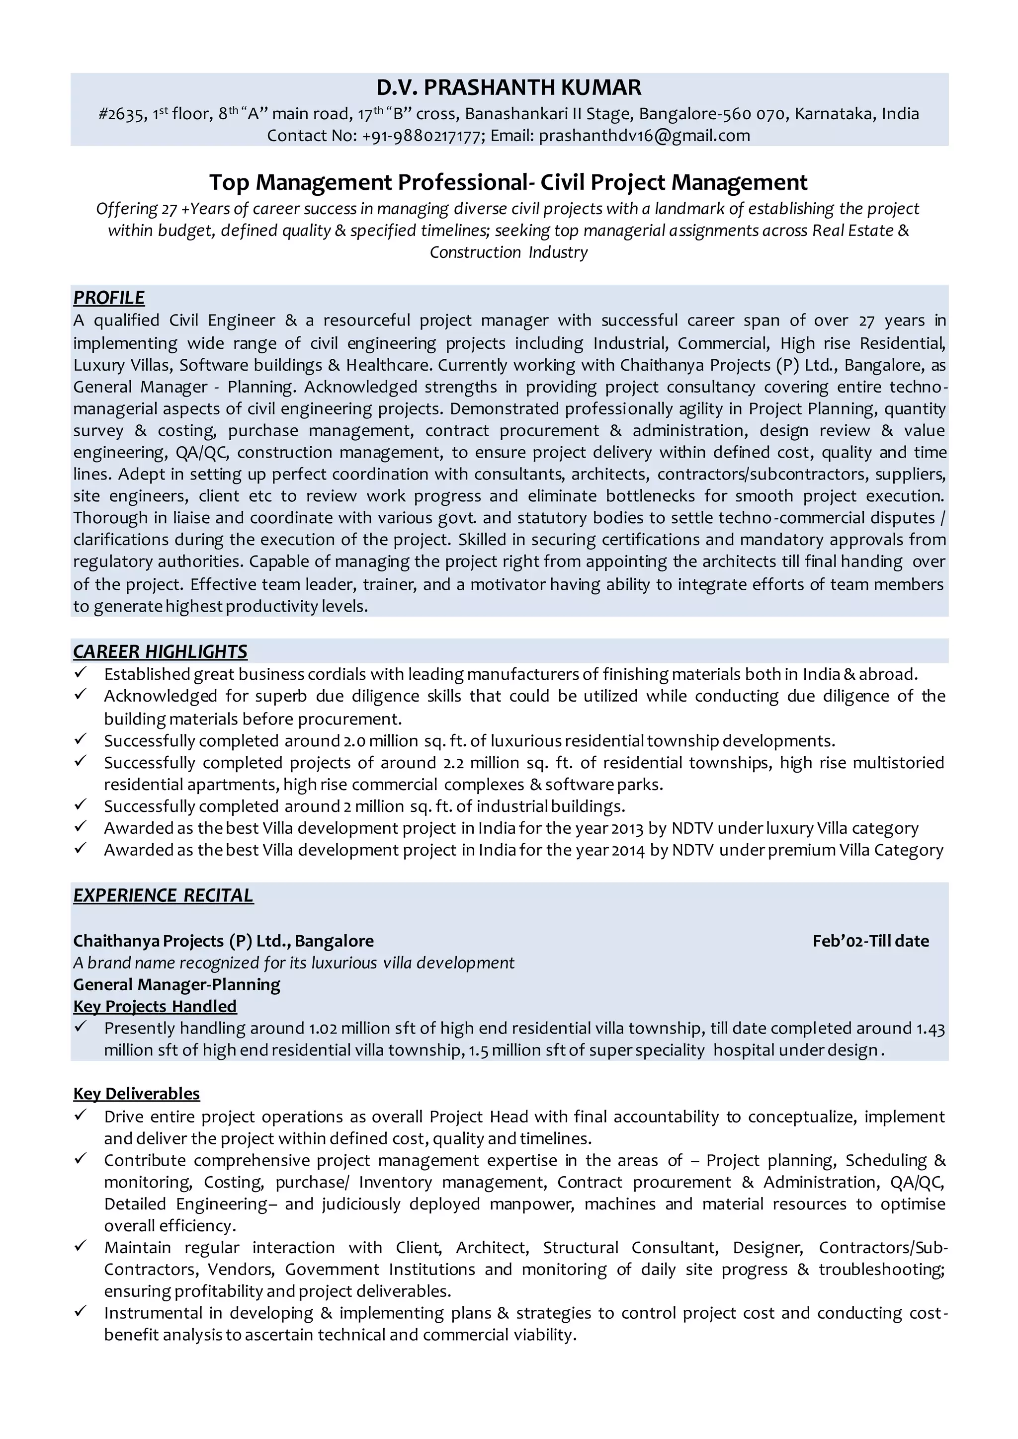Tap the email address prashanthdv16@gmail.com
coord(644,135)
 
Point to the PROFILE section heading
coord(108,298)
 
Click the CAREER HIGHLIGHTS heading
coord(160,652)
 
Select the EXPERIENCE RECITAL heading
coord(163,895)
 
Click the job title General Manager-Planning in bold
coord(177,985)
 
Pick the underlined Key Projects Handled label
coord(155,1007)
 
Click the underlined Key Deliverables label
coord(136,1094)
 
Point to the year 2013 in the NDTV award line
coord(627,828)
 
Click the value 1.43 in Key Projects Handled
coord(930,1029)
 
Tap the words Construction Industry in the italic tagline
coord(509,252)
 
